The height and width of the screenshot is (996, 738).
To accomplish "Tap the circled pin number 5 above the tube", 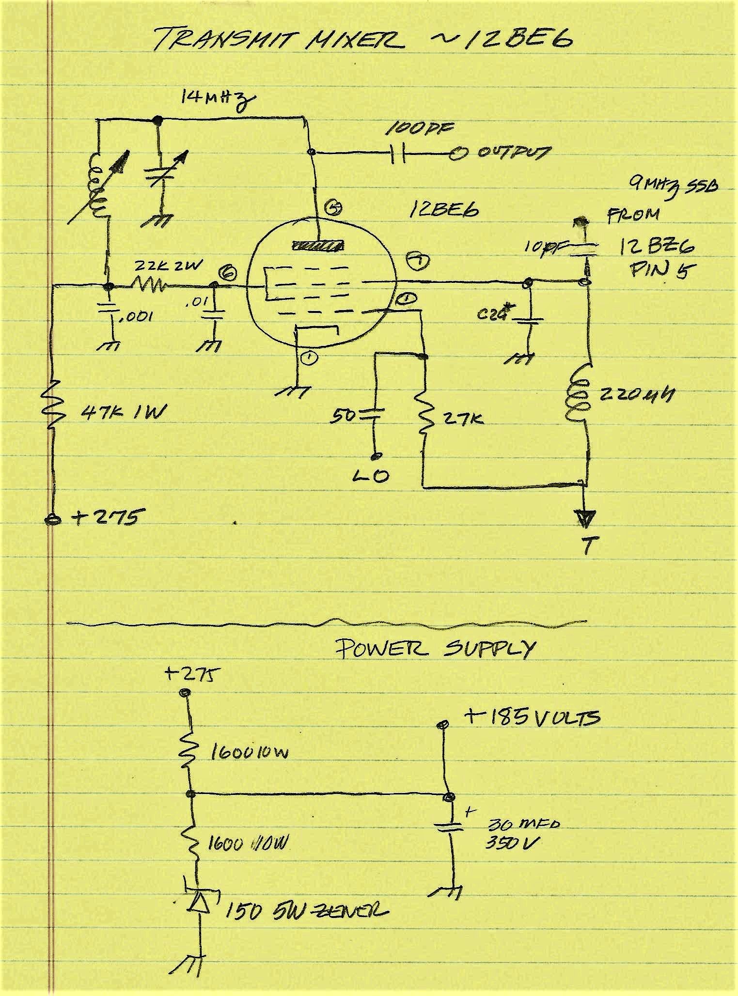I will [334, 208].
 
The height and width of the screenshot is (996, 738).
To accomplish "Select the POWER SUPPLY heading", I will [436, 649].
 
